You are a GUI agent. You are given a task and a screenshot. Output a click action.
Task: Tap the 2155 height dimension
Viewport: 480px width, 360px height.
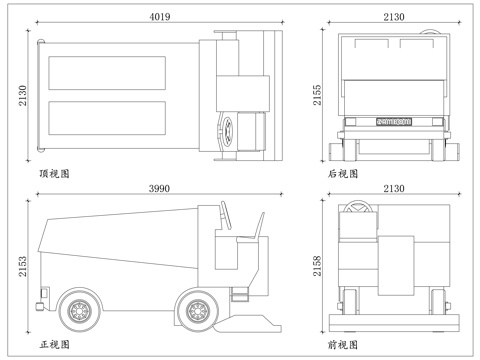318,95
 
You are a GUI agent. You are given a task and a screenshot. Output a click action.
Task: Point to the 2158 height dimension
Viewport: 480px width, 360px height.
318,265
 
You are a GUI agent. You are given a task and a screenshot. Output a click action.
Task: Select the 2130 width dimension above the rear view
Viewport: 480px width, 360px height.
393,17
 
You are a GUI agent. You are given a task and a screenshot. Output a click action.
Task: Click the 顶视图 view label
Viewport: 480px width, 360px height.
54,173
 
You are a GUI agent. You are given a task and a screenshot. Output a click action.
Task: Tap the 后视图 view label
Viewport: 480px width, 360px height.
343,173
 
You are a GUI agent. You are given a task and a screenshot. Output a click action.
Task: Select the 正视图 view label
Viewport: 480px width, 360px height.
54,344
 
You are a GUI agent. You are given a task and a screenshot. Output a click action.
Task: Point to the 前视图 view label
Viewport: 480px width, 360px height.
343,344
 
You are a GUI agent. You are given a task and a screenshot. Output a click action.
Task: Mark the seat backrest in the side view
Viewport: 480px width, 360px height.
260,226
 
